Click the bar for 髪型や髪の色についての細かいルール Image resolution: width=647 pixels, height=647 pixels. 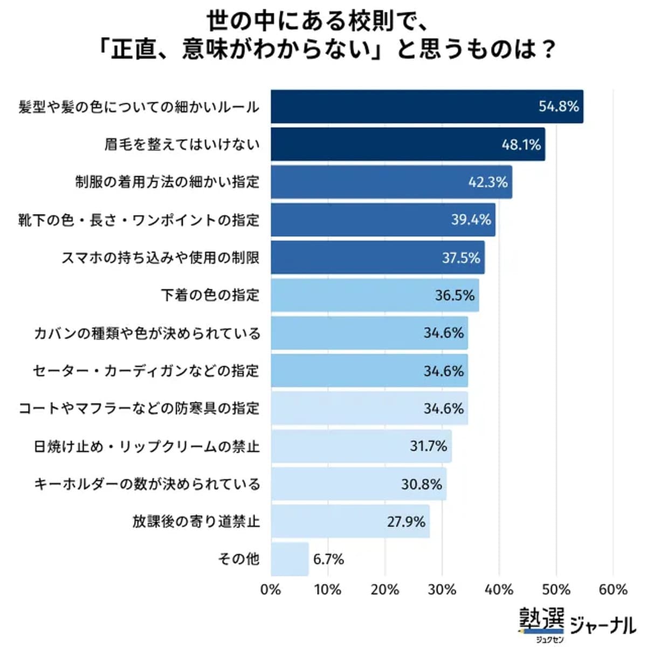tap(426, 107)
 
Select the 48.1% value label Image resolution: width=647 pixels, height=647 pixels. tap(521, 144)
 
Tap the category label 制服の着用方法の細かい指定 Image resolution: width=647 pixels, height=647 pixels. tap(167, 182)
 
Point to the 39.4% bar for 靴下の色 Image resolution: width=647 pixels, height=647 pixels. tap(383, 220)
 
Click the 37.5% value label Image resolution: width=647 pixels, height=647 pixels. tap(460, 258)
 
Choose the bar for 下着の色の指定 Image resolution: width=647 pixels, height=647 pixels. tap(375, 295)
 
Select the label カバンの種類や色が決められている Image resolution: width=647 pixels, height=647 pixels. tap(147, 333)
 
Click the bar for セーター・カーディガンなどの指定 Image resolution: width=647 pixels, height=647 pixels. tap(369, 371)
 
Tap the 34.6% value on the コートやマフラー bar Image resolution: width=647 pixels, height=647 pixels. tap(443, 409)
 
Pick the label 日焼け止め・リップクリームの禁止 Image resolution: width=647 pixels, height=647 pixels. tap(147, 446)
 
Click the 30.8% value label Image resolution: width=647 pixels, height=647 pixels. tap(421, 484)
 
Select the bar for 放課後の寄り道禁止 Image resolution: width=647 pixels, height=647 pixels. tap(350, 522)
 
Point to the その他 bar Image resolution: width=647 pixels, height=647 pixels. tap(290, 560)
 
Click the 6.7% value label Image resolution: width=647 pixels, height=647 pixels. tap(328, 560)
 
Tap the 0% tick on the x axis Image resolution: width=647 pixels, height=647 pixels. tap(271, 590)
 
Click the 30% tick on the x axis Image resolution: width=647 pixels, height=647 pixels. tap(442, 590)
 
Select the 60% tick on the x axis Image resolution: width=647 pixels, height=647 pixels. tap(613, 590)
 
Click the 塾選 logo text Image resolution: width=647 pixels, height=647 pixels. tap(541, 619)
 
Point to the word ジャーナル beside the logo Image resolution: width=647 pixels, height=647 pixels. tap(603, 625)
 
